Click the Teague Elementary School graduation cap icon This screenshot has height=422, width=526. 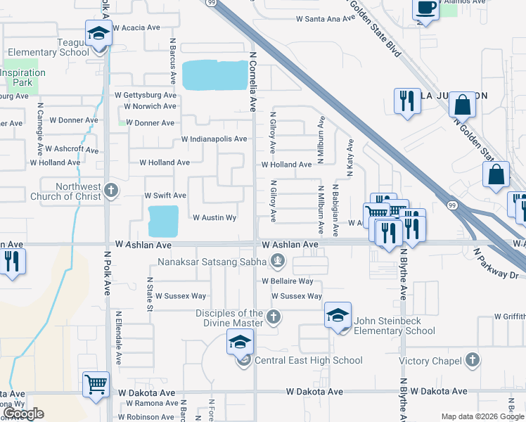(x=98, y=33)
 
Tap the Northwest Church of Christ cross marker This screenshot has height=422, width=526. (x=110, y=189)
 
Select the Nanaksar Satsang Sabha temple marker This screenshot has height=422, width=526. (x=278, y=262)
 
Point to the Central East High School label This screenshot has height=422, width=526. (x=309, y=360)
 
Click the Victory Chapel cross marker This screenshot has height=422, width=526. (x=473, y=360)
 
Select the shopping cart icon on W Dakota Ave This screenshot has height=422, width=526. (x=96, y=384)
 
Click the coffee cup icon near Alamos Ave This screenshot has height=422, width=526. (x=425, y=9)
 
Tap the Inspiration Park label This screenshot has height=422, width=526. (x=23, y=77)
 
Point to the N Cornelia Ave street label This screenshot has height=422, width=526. (x=253, y=81)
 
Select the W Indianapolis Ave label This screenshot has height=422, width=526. (x=214, y=139)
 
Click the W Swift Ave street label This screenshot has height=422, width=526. (x=165, y=195)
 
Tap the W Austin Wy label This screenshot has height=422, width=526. (x=214, y=218)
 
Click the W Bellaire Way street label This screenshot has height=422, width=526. (x=287, y=281)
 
